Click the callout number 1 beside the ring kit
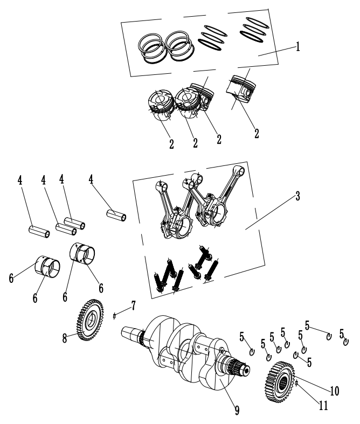297,47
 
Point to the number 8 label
65,338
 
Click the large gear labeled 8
89,322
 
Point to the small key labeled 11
297,383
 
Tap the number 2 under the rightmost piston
257,132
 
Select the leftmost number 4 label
20,180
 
